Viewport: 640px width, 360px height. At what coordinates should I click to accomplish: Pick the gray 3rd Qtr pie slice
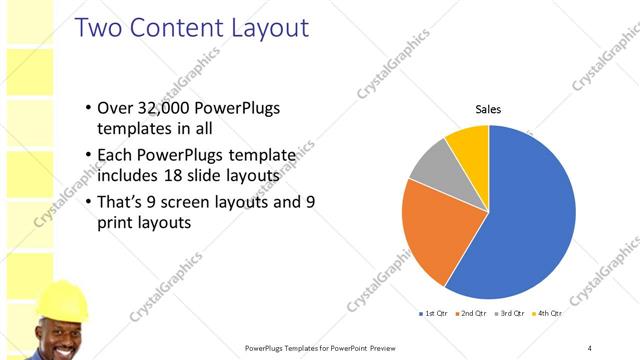point(433,165)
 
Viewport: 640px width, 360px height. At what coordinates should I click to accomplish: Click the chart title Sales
point(488,109)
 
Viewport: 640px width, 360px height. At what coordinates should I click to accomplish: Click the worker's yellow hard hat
point(62,299)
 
